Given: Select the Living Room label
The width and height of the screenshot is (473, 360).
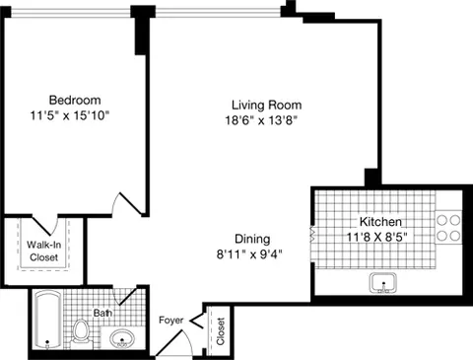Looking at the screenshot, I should coord(266,105).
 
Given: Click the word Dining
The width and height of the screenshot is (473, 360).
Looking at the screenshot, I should coord(253,238).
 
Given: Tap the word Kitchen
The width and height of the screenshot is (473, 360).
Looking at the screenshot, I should coord(379,222).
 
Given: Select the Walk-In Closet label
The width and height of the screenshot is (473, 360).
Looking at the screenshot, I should coord(42,251).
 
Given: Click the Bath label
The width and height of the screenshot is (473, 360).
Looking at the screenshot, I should coord(102,313).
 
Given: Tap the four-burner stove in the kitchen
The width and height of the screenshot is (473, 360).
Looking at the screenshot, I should coord(449,229).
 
